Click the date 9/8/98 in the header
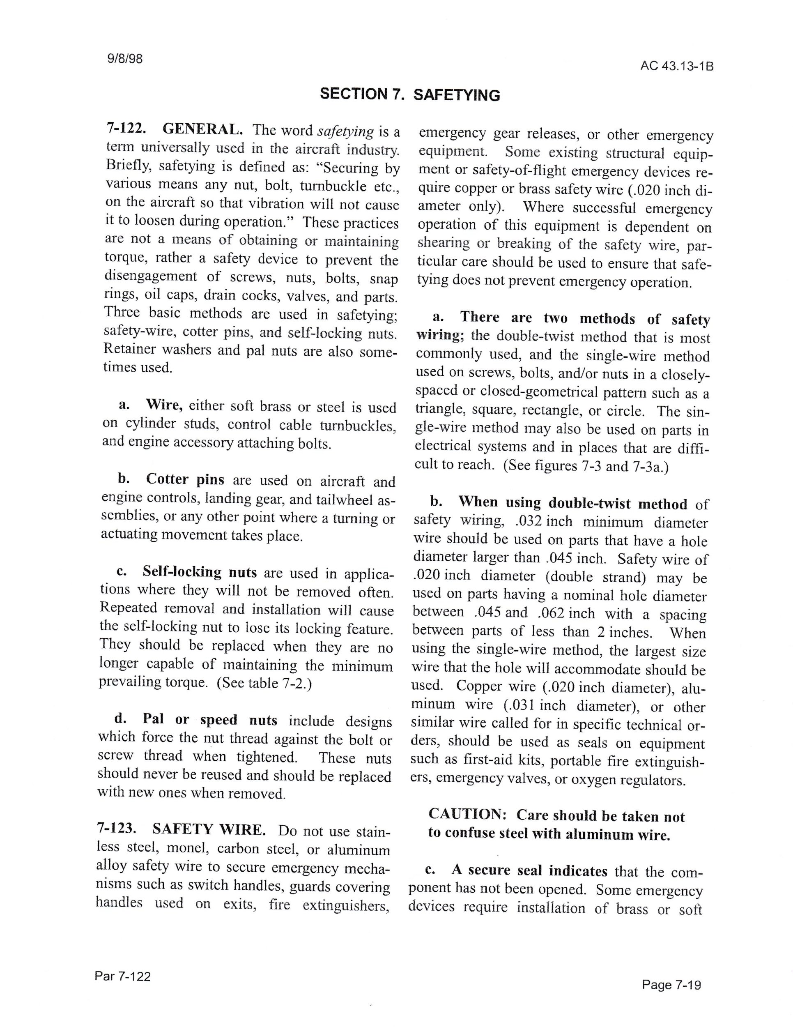125,59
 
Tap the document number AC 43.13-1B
676,66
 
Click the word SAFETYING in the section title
456,95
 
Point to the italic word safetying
345,131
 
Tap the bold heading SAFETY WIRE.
209,829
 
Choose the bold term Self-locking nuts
200,572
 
